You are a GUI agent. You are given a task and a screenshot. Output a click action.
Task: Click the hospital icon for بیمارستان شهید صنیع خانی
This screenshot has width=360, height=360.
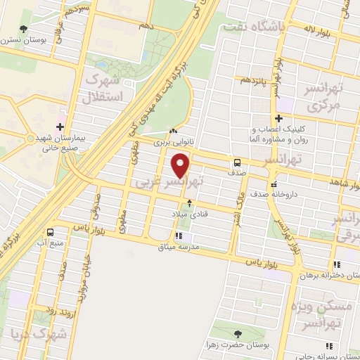point(60,127)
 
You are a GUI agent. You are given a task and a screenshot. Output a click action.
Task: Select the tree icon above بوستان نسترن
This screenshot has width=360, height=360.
point(24,29)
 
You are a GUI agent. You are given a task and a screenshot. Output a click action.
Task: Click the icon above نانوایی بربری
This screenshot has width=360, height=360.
point(174,131)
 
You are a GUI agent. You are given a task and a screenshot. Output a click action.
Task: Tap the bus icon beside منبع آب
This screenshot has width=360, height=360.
point(51,232)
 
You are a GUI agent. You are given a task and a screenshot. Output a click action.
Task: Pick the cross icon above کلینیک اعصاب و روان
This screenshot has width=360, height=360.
point(279,118)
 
